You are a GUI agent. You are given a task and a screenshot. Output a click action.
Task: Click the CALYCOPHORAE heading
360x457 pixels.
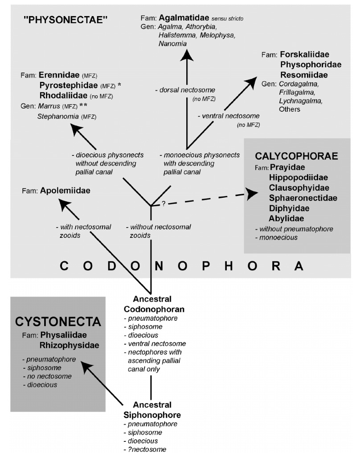pos(296,156)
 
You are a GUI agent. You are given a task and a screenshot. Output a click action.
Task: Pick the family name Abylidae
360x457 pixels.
pos(287,218)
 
